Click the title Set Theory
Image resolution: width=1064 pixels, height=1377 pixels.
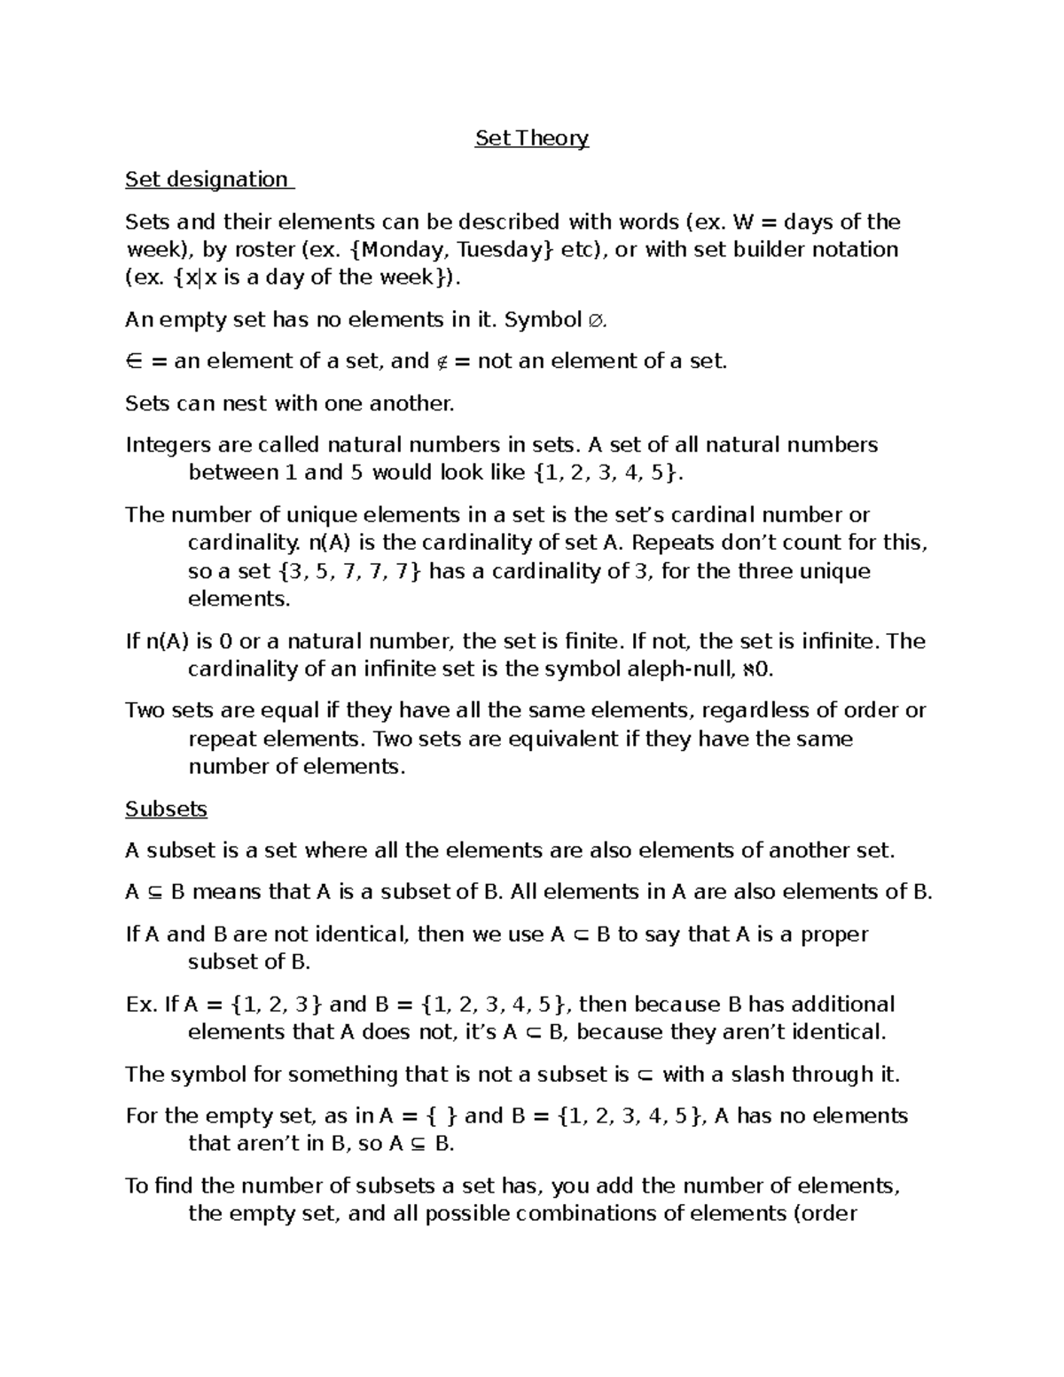click(x=531, y=138)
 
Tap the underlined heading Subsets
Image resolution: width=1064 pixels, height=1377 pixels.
click(x=166, y=810)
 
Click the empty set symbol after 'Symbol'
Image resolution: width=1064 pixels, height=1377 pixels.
click(x=597, y=320)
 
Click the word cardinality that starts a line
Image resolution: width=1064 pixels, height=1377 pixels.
click(x=230, y=543)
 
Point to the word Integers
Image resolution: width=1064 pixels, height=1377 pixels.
click(x=167, y=445)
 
